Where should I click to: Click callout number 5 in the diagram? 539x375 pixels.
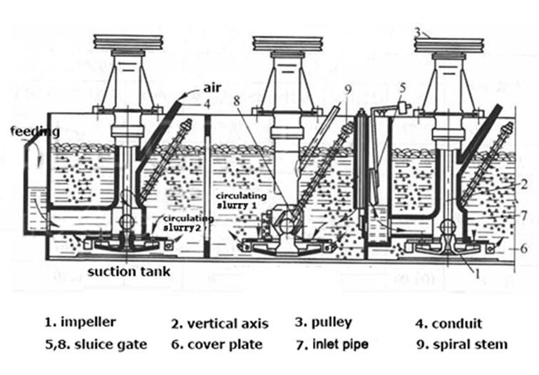tap(403, 88)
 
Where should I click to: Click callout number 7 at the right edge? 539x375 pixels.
tap(524, 214)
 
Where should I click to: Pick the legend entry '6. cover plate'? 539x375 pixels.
tap(217, 344)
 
